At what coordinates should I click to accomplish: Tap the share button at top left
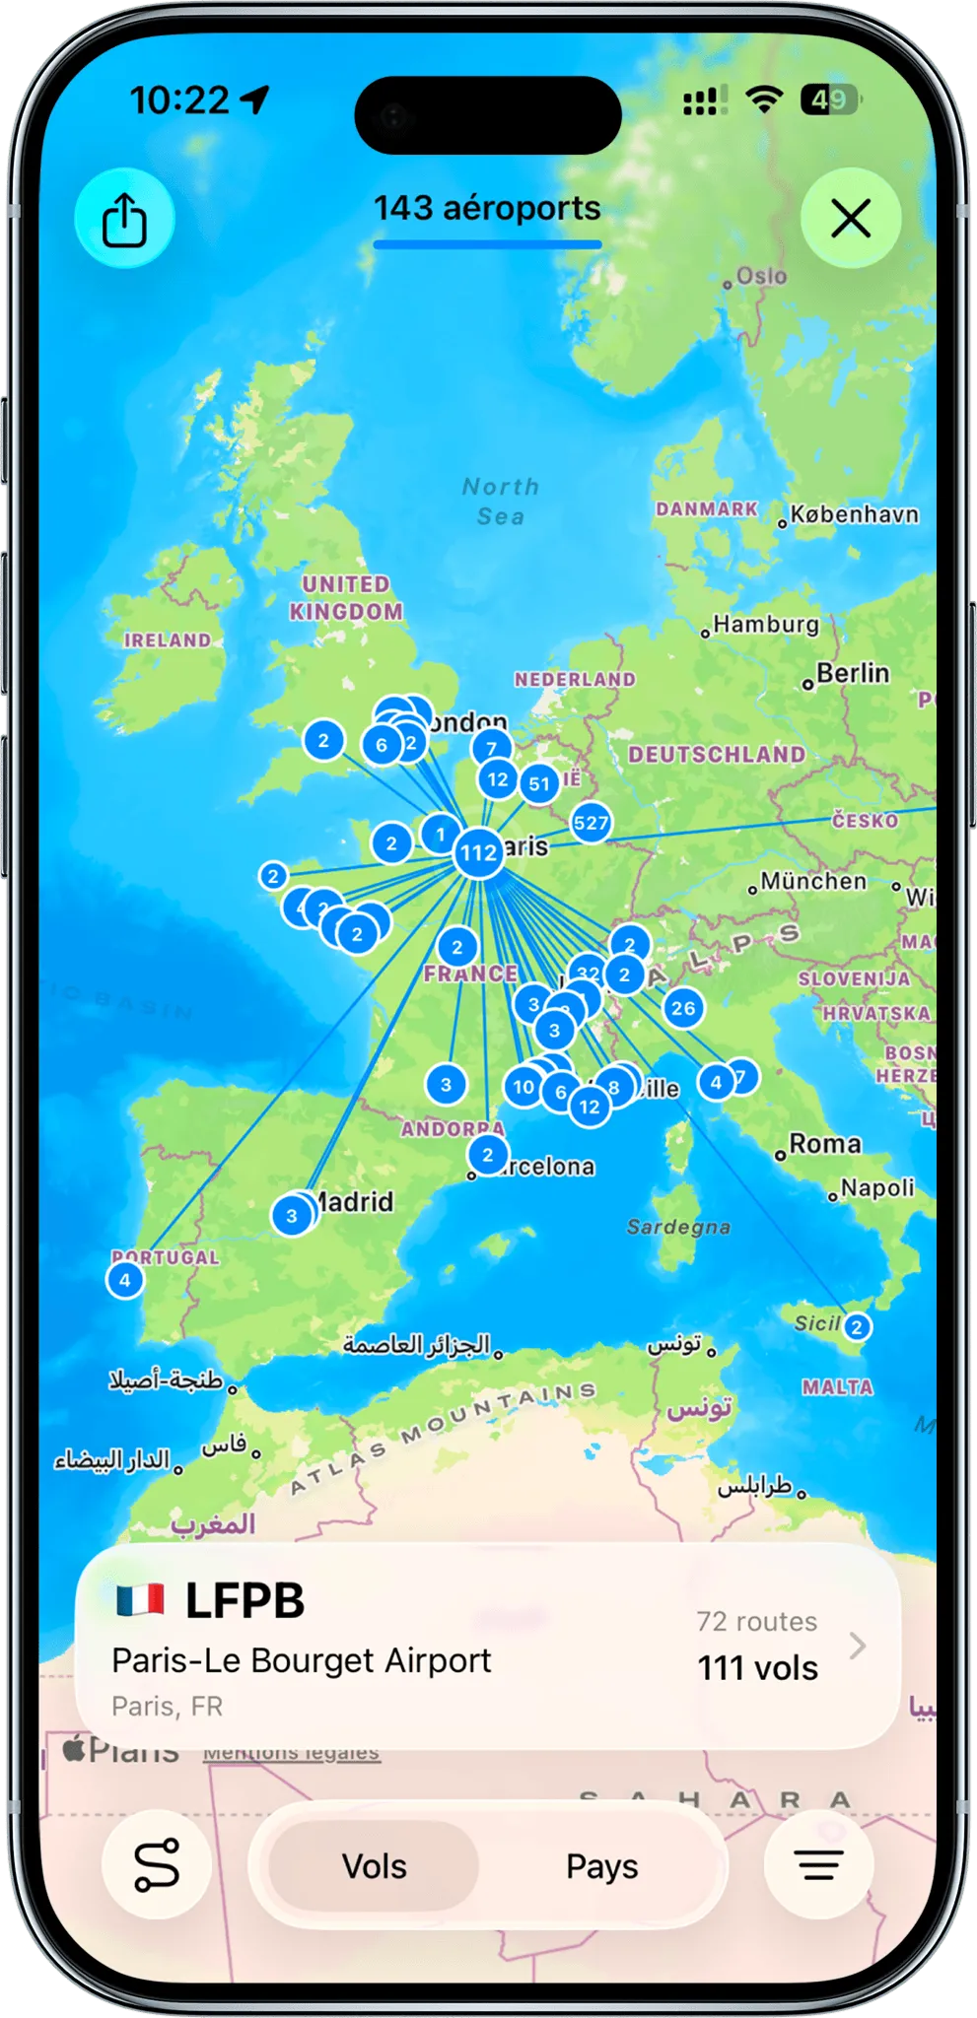124,218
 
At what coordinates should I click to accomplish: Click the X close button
850,218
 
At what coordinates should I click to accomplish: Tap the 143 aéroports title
487,209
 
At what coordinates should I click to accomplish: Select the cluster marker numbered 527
591,823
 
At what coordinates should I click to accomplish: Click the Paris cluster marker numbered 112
479,852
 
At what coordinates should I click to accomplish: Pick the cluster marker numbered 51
539,784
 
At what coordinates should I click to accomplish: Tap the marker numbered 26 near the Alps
683,1008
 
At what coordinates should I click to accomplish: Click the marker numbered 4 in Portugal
125,1281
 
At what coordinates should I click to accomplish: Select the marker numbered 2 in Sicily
857,1327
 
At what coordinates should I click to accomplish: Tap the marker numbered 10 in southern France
523,1088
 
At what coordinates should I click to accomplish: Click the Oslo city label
760,277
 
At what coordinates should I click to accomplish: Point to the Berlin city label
852,674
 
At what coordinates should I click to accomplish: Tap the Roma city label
824,1145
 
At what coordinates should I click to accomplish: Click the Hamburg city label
765,625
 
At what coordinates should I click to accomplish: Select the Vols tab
375,1866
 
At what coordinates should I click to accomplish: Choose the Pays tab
601,1866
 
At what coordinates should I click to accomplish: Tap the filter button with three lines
818,1864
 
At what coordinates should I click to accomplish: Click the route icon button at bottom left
157,1864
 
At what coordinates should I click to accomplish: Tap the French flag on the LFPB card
140,1600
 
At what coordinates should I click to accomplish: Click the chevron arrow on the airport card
858,1646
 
